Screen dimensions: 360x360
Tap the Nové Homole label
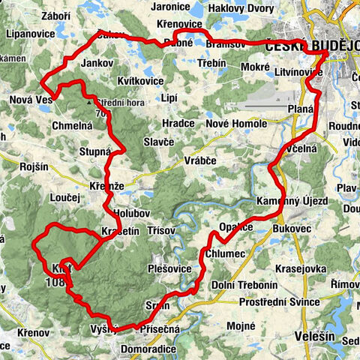pos(237,122)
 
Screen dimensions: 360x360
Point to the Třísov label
pos(162,231)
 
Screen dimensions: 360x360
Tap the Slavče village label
pos(159,142)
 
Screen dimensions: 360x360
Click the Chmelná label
pos(72,126)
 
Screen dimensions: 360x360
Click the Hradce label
pos(176,122)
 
